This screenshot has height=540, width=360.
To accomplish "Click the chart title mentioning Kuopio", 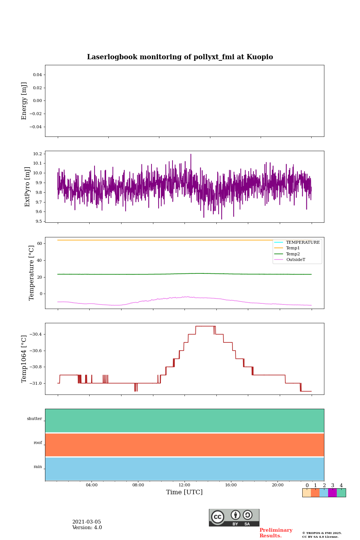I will (180, 57).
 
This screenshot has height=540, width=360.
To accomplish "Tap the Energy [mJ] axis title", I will (24, 101).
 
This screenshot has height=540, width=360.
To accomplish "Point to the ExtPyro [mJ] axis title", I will (27, 187).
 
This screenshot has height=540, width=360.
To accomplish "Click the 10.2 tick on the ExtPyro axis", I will (37, 154).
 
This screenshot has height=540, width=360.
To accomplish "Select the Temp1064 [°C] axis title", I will (24, 359).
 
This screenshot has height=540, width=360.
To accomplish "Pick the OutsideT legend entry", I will (295, 260).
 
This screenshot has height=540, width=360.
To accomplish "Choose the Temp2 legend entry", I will (293, 254).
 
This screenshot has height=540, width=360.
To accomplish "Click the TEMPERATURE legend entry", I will (303, 243).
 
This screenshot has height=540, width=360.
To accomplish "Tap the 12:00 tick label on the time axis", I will (184, 485).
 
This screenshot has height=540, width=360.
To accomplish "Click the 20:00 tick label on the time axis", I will (277, 485).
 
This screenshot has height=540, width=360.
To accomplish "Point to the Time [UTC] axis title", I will (184, 492).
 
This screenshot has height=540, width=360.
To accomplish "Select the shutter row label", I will (34, 419).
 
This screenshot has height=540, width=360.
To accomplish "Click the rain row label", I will (38, 467).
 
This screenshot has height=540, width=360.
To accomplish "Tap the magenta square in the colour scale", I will (332, 493).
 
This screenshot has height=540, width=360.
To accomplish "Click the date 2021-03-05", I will (87, 522).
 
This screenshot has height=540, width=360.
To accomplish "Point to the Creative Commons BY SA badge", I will (234, 517).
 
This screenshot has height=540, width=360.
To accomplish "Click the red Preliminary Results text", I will (276, 533).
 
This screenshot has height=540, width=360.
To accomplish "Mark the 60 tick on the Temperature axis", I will (39, 244).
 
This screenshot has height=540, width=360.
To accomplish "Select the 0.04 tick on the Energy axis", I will (37, 75).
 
